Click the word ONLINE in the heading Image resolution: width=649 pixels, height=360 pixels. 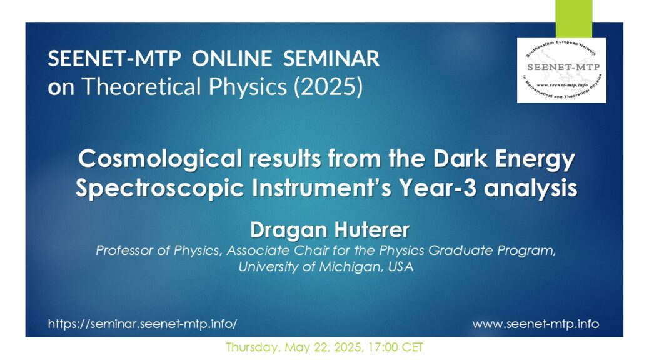tap(232, 58)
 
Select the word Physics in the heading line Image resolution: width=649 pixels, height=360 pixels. tap(248, 86)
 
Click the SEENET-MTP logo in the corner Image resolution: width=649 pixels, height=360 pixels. tap(561, 71)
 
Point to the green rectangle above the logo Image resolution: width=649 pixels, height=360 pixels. tap(574, 19)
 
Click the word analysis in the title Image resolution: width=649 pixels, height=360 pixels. tap(530, 188)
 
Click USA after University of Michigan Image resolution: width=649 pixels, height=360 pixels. tap(401, 267)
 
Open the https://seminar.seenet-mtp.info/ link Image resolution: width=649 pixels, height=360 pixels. tap(143, 324)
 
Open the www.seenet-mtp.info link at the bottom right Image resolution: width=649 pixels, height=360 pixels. tap(536, 324)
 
